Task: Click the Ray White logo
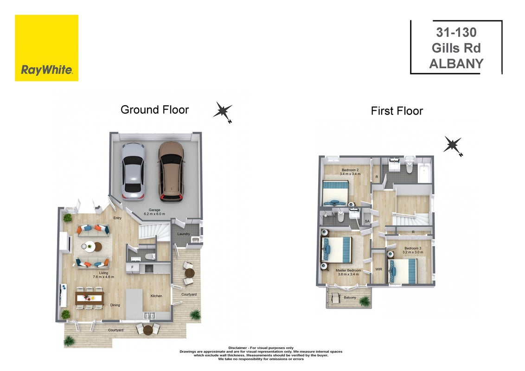click(x=46, y=48)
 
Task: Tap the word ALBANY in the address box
click(x=456, y=64)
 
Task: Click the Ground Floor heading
click(x=155, y=110)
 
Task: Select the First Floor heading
click(x=397, y=111)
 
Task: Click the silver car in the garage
click(x=133, y=172)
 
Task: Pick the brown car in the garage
click(x=171, y=172)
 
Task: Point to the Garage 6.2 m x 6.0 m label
click(x=154, y=212)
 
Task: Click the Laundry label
click(x=184, y=234)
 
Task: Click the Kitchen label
click(x=156, y=296)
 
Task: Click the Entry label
click(x=117, y=218)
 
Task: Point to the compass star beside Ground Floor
click(x=223, y=111)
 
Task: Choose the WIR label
click(x=379, y=269)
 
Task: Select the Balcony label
click(x=350, y=297)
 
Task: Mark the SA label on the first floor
click(x=367, y=221)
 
